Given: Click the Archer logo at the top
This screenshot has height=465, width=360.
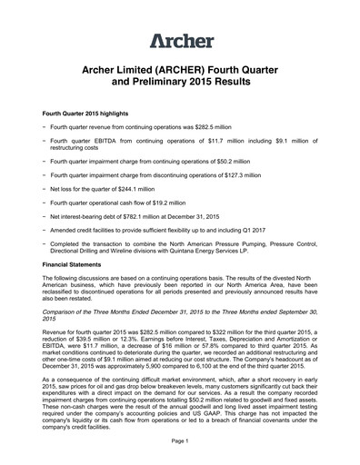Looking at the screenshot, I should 180,40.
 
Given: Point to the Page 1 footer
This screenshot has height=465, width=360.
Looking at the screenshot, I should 179,440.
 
